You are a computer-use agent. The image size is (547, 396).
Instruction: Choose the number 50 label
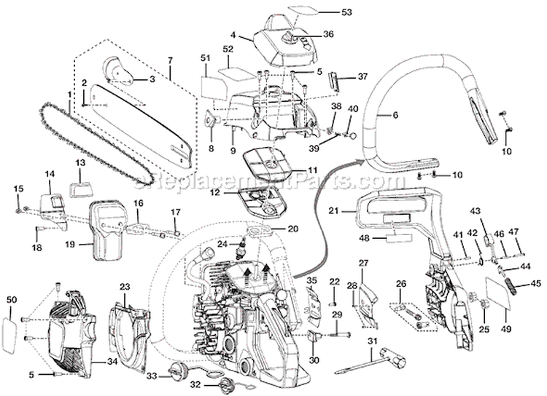(10, 300)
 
